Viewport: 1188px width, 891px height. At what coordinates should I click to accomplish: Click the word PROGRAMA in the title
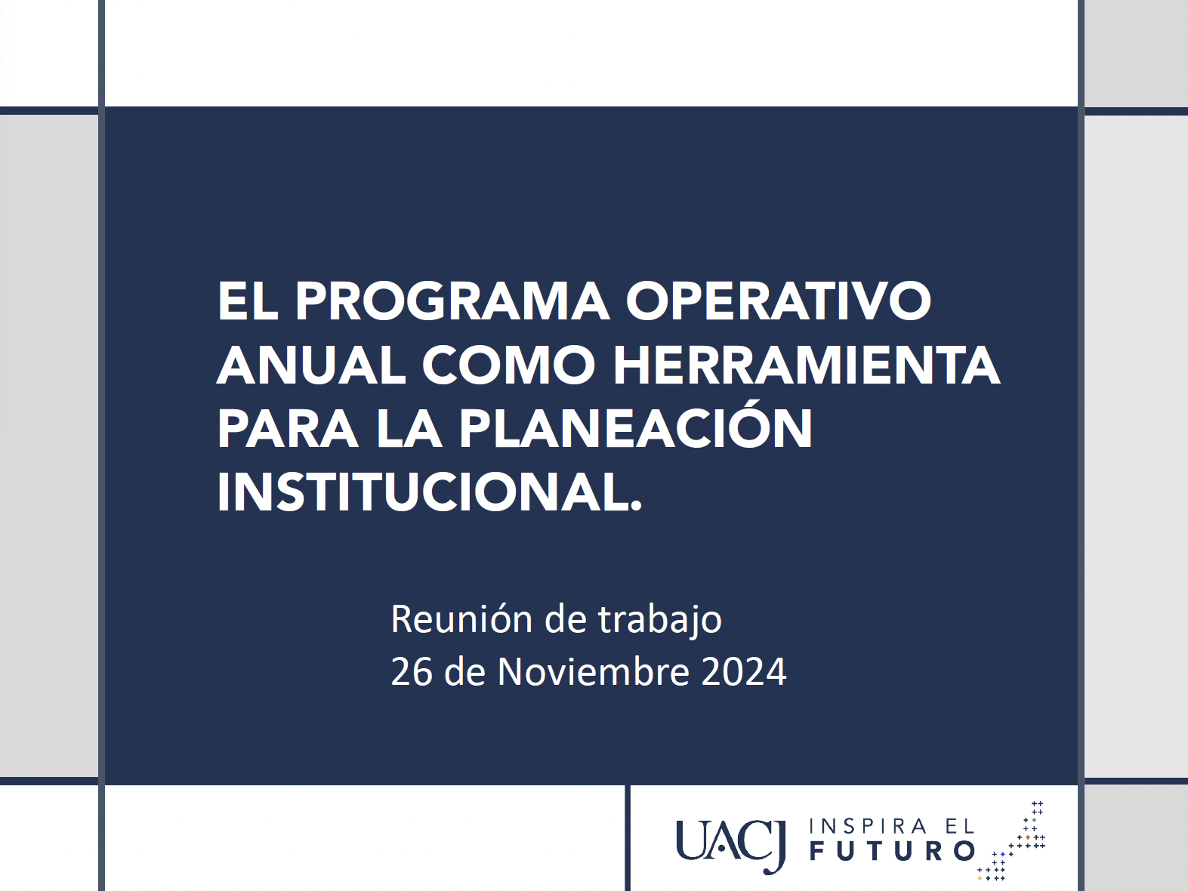[452, 301]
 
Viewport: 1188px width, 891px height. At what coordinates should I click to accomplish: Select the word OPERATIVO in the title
[779, 301]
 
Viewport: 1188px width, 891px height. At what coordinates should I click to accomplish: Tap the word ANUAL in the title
[311, 365]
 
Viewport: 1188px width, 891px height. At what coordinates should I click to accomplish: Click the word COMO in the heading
[508, 365]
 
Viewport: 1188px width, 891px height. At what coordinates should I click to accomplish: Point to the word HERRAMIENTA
[807, 365]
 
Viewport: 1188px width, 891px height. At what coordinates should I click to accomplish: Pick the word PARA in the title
[288, 428]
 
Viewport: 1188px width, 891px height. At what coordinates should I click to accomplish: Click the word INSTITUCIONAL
[429, 492]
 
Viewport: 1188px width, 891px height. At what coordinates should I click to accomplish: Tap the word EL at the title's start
[247, 301]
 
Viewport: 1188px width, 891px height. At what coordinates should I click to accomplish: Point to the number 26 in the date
[412, 672]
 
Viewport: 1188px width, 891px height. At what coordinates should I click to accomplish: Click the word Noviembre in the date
[593, 672]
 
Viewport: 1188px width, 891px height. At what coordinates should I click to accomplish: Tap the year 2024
[744, 672]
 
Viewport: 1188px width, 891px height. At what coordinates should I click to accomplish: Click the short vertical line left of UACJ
[628, 837]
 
